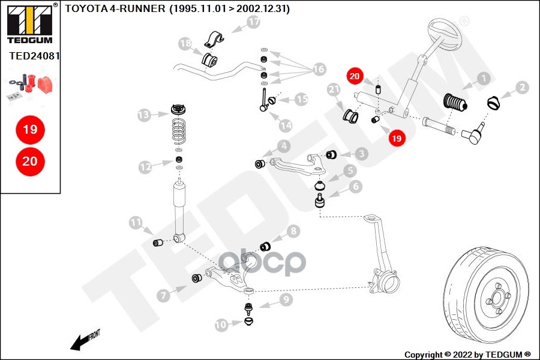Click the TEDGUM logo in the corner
(x=29, y=23)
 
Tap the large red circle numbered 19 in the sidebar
(x=29, y=129)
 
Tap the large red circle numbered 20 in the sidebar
(x=29, y=161)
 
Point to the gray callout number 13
(x=143, y=114)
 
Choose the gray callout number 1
(x=483, y=78)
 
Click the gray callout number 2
(x=522, y=88)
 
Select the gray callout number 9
(x=285, y=298)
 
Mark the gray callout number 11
(x=136, y=223)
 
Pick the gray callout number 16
(x=318, y=70)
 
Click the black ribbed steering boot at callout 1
(x=455, y=106)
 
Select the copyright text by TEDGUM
(x=467, y=354)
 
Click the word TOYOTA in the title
(x=85, y=9)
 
